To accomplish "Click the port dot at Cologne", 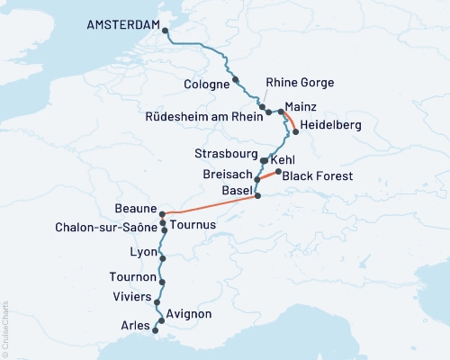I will click(235, 79).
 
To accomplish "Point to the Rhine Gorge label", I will click(300, 83).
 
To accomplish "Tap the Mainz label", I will click(301, 105).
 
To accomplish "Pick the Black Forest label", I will click(317, 176).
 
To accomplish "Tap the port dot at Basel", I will click(257, 195).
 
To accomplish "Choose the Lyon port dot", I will click(162, 258).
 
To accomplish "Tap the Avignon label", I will click(189, 313).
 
